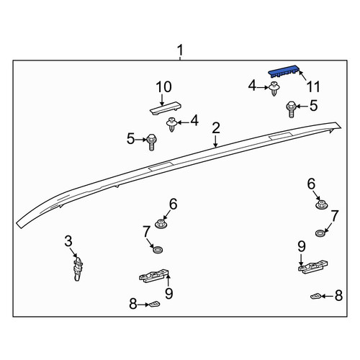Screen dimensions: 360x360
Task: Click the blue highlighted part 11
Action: (x=284, y=71)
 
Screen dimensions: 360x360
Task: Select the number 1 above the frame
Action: (x=180, y=50)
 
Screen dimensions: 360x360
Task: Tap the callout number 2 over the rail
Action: (x=216, y=128)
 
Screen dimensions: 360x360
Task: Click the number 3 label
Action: (x=68, y=241)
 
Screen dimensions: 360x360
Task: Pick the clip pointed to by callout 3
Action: (x=78, y=269)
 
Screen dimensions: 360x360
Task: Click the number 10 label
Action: (x=163, y=87)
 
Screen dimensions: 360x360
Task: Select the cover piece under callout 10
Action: (x=166, y=108)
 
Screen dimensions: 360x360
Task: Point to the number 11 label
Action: (x=313, y=86)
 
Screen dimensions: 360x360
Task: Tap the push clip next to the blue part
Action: (x=274, y=89)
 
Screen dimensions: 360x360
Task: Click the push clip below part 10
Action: (x=171, y=125)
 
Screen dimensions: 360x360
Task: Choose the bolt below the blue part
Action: (x=291, y=109)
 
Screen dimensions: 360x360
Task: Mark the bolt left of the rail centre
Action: (x=151, y=142)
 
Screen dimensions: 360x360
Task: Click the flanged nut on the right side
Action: (x=321, y=205)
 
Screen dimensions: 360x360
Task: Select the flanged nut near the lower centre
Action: (x=161, y=224)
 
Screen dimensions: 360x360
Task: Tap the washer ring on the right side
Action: (x=320, y=233)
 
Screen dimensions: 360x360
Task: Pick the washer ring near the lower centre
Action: (x=158, y=249)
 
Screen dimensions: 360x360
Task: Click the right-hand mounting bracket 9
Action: (x=313, y=267)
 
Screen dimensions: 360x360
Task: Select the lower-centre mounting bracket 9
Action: (x=154, y=276)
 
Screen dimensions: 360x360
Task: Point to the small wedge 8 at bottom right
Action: (x=315, y=296)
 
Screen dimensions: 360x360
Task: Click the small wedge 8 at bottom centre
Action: (x=155, y=304)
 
